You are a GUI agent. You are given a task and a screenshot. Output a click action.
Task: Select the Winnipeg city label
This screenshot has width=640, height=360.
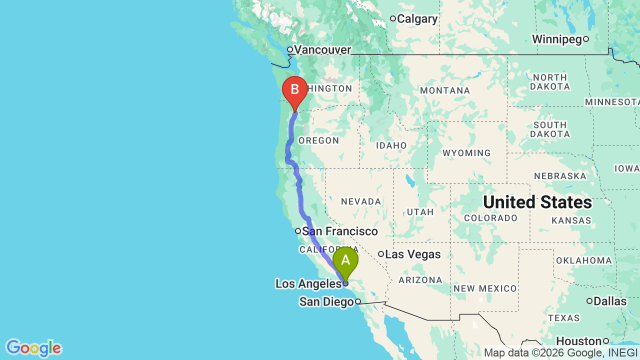tap(556, 39)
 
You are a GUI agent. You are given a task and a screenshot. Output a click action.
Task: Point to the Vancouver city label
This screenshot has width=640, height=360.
tap(322, 50)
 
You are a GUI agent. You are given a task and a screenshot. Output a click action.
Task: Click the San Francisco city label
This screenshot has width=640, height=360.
tap(340, 231)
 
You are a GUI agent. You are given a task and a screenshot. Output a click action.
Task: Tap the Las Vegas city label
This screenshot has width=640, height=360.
tap(413, 254)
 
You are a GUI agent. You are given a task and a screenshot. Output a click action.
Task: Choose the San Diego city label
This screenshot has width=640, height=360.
tap(326, 302)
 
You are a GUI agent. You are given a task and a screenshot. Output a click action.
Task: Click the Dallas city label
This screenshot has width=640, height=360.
tap(610, 301)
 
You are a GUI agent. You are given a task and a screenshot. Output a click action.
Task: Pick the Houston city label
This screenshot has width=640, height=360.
tap(578, 341)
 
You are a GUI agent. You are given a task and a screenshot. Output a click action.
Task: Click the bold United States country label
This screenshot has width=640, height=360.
tap(537, 202)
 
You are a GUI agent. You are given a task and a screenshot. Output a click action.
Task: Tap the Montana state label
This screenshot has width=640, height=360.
tap(445, 90)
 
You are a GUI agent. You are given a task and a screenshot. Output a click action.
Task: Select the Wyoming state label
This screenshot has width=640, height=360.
tap(466, 153)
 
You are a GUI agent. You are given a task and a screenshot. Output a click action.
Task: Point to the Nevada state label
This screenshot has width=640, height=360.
tap(361, 201)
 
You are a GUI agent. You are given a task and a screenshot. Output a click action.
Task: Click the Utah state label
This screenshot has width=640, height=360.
tap(420, 212)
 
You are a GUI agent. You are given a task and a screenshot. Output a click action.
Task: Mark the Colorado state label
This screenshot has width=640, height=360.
tap(490, 218)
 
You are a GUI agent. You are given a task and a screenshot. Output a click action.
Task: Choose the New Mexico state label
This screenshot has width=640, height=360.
tap(485, 288)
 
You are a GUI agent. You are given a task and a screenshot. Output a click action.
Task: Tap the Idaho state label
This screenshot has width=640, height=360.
tap(392, 145)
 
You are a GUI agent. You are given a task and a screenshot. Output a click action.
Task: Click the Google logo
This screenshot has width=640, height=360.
tap(33, 348)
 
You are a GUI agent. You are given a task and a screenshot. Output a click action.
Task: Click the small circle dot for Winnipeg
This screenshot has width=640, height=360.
tap(586, 39)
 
